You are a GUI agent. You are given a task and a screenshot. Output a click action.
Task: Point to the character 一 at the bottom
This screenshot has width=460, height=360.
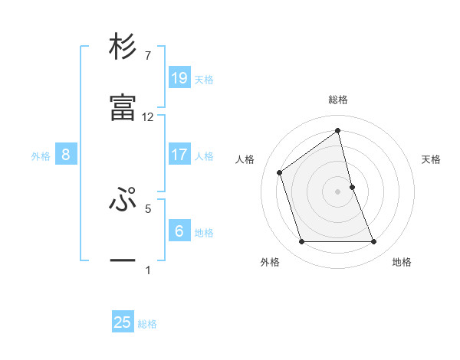click(x=123, y=260)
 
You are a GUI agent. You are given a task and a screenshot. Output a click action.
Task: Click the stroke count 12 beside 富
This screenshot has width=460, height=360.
click(x=148, y=117)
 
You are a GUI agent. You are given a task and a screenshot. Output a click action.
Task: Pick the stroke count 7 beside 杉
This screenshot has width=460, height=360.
click(x=148, y=56)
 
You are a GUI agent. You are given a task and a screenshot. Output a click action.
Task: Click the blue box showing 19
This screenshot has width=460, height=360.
click(x=179, y=78)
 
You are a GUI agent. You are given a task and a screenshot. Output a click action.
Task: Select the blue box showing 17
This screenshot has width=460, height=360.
click(x=179, y=155)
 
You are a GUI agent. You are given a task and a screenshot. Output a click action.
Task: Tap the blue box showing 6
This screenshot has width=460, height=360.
click(x=179, y=231)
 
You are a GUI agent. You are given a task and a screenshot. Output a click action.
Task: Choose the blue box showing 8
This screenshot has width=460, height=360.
click(x=66, y=155)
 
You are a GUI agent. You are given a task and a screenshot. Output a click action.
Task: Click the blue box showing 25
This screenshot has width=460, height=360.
click(x=123, y=322)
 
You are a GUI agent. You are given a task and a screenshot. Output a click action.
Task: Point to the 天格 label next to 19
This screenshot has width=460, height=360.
click(x=204, y=80)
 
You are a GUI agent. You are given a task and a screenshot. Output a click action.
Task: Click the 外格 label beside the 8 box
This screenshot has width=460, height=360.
click(x=41, y=156)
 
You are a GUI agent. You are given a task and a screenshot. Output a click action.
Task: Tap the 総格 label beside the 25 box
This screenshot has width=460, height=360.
click(x=147, y=324)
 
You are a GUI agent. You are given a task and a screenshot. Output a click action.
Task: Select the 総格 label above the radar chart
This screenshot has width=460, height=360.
click(x=338, y=100)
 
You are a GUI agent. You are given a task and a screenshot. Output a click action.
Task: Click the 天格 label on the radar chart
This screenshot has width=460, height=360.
click(x=432, y=159)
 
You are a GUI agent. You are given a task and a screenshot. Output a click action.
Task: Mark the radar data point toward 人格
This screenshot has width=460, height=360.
click(x=280, y=172)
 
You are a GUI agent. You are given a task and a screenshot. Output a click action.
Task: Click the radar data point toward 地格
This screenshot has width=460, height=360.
click(x=374, y=242)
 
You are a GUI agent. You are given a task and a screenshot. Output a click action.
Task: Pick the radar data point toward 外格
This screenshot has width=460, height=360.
click(x=301, y=242)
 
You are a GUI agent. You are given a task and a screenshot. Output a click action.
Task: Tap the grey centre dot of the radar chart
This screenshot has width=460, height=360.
click(x=338, y=191)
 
